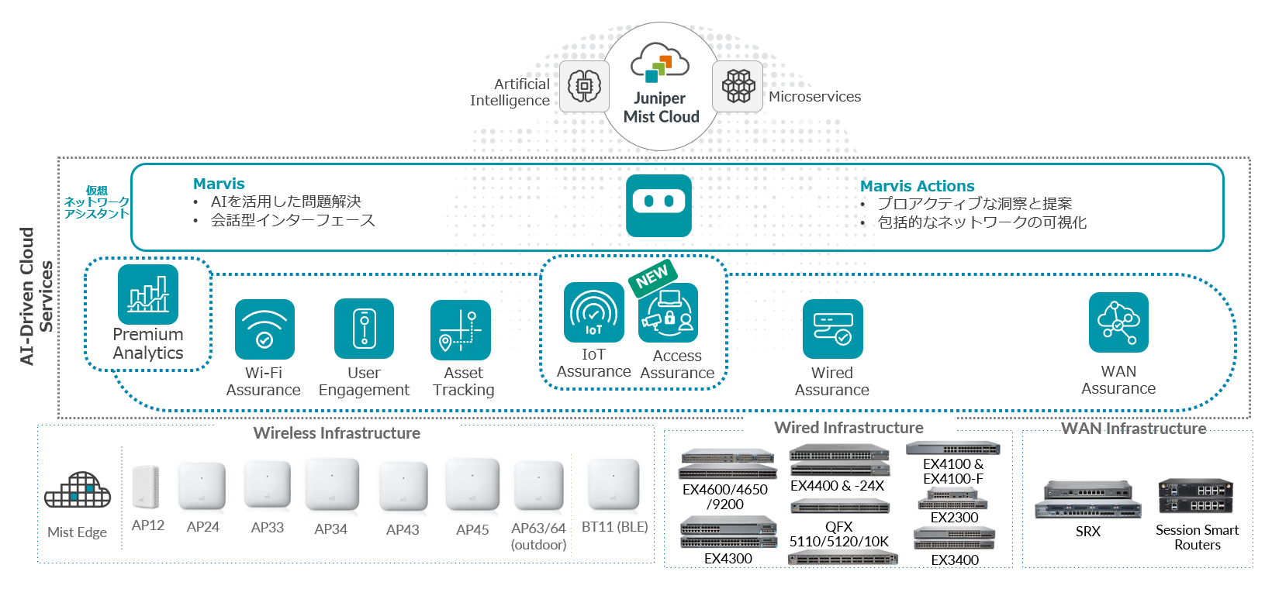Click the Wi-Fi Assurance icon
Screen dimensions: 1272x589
pos(264,329)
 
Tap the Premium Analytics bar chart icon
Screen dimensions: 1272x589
pos(148,294)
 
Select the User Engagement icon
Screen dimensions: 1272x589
pos(364,329)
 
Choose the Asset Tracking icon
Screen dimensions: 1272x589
pos(461,329)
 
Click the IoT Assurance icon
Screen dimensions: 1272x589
pos(594,312)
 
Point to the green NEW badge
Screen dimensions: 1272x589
pos(652,277)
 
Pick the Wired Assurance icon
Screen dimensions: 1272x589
pos(833,329)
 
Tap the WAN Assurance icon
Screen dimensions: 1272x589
pos(1118,322)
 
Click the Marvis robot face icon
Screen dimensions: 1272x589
pos(658,205)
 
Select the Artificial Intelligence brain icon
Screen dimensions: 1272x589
pos(584,86)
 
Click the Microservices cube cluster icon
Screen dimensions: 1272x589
pos(738,86)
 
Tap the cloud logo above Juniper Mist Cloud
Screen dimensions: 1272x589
pos(660,63)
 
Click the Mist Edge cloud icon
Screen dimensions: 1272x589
pos(78,490)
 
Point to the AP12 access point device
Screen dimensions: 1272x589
pos(145,486)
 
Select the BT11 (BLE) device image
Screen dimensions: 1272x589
pos(614,484)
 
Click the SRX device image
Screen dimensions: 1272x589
pos(1087,499)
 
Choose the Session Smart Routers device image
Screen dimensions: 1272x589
pos(1196,497)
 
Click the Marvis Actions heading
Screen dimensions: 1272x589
pos(917,185)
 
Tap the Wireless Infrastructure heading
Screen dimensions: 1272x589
pos(337,433)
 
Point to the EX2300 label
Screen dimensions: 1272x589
pos(955,518)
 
